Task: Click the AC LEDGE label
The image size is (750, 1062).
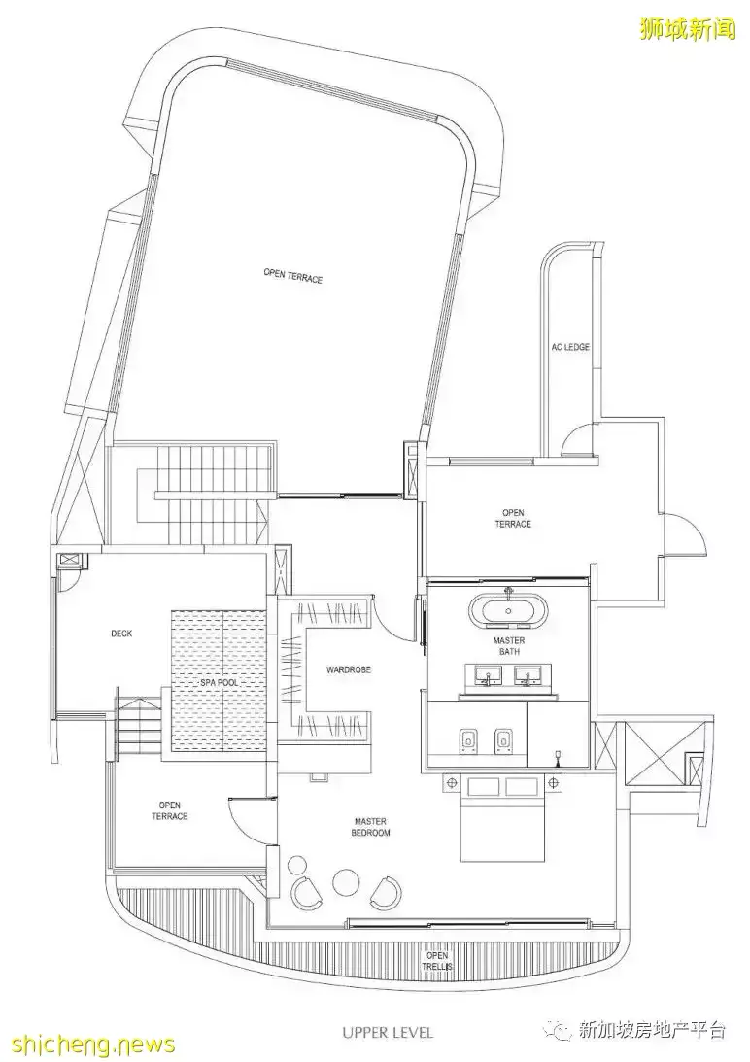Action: tap(570, 347)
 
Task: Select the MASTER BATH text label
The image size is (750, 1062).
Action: tap(509, 646)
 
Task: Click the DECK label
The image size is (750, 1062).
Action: tap(121, 634)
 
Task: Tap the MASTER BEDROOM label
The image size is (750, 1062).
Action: tap(370, 827)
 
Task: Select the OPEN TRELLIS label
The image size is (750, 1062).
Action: tap(437, 960)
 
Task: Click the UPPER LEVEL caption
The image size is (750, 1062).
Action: tap(388, 1032)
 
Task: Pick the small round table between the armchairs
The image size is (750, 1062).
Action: tap(344, 879)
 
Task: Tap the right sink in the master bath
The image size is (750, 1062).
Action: tap(527, 675)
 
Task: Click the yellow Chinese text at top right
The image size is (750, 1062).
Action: tap(687, 28)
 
